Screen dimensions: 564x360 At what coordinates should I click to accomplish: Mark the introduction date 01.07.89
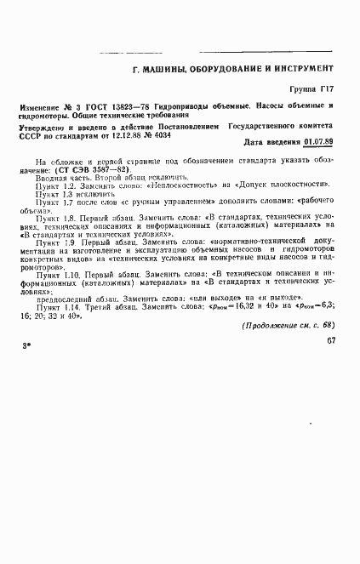(x=317, y=142)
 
